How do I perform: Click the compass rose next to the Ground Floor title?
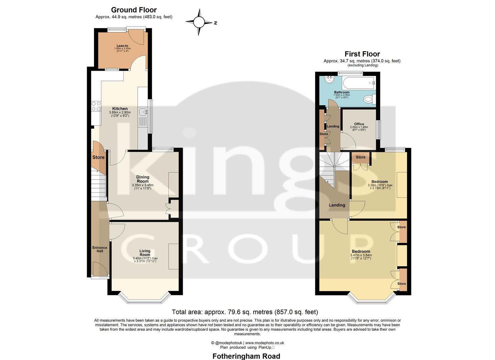click(x=199, y=22)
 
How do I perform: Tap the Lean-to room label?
click(x=122, y=46)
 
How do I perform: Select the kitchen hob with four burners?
click(x=96, y=106)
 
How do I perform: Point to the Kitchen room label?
click(x=120, y=109)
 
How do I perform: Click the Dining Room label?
click(x=143, y=179)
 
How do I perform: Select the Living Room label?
click(x=145, y=253)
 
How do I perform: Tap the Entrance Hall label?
click(x=100, y=249)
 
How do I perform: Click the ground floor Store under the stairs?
click(x=98, y=157)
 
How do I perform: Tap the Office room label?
click(x=359, y=124)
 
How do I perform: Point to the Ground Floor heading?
click(x=134, y=10)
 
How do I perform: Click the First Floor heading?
click(x=362, y=54)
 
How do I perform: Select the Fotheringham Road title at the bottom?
click(x=246, y=356)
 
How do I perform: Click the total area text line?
click(x=245, y=312)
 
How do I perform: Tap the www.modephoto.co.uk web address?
click(x=265, y=343)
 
